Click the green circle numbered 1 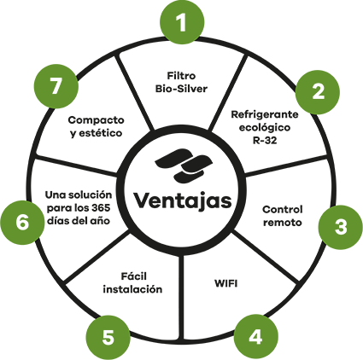click(182, 22)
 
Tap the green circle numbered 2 click(318, 92)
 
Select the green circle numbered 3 click(341, 227)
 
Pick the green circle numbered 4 click(255, 338)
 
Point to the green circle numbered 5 click(108, 338)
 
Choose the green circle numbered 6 click(22, 223)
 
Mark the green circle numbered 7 click(56, 86)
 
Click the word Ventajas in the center click(183, 201)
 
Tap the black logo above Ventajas click(184, 165)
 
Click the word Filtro click(181, 76)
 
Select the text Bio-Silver click(181, 89)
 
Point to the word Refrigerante click(265, 115)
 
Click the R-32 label click(265, 140)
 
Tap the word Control click(282, 210)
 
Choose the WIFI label click(225, 283)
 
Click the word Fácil click(134, 276)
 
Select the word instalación click(132, 289)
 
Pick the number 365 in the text click(101, 208)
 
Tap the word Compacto click(96, 120)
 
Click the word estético click(101, 133)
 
